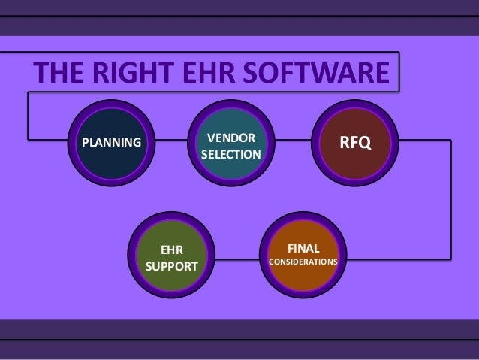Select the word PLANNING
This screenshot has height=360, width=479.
tap(111, 141)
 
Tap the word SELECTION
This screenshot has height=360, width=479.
tap(230, 155)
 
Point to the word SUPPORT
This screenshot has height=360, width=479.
tap(171, 266)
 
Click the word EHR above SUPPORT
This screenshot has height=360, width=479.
tap(171, 248)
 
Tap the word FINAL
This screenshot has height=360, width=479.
tap(303, 248)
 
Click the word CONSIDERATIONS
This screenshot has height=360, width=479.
tap(303, 262)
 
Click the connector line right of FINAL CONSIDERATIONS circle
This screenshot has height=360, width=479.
tap(398, 259)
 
